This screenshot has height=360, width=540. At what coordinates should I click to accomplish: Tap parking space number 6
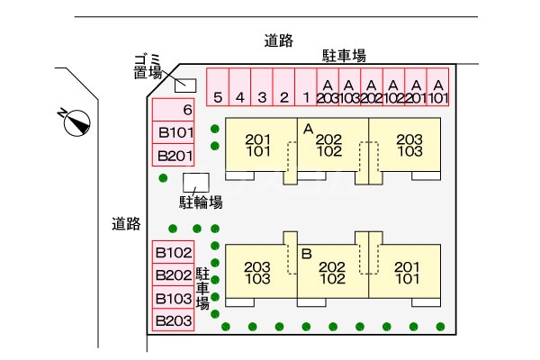174,110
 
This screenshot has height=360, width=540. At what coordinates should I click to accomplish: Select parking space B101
174,133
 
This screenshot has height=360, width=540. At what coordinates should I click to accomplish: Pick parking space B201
174,156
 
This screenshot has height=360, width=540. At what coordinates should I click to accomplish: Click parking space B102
174,253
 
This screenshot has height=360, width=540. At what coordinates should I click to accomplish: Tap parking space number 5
218,87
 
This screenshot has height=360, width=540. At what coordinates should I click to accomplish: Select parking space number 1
306,87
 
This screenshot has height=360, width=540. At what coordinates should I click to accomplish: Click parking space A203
328,87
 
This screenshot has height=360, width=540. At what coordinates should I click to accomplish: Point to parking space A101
437,87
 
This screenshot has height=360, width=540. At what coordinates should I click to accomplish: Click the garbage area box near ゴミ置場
185,85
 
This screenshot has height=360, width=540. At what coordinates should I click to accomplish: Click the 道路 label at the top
278,40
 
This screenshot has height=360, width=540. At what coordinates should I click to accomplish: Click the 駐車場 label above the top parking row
344,56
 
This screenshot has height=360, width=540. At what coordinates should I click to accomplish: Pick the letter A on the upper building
307,130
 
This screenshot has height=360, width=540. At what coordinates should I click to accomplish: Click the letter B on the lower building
306,255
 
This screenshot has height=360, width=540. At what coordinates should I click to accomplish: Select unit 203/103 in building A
409,146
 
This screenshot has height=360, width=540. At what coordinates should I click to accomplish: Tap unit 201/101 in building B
408,272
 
